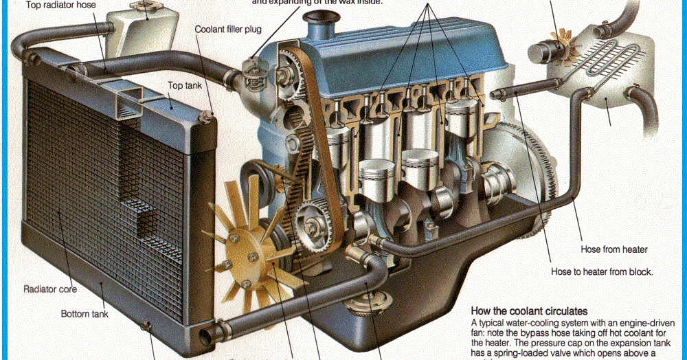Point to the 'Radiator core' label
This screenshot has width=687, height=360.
(x=50, y=289)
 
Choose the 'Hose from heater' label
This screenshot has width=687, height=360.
(x=615, y=249)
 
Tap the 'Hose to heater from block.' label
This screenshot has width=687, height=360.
(x=602, y=271)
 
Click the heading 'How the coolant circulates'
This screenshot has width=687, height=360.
(x=529, y=311)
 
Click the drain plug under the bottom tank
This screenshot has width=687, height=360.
(x=147, y=326)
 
